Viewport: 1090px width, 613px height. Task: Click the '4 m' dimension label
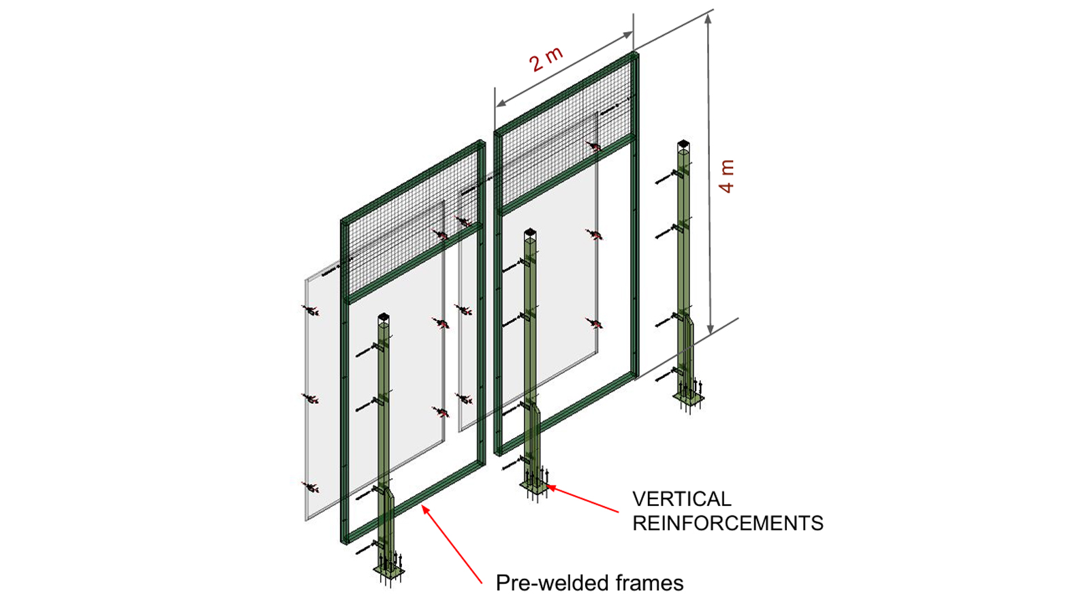point(727,176)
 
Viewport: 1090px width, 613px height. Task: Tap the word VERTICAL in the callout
point(681,499)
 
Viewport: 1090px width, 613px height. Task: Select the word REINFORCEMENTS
point(728,523)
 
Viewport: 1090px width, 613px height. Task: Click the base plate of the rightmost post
point(688,400)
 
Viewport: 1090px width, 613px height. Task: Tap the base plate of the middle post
point(535,487)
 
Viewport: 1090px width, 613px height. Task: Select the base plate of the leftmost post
point(388,571)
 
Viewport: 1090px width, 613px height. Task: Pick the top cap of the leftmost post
point(383,317)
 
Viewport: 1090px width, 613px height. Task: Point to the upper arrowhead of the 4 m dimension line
point(708,19)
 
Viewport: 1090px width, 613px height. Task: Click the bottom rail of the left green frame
point(416,504)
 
